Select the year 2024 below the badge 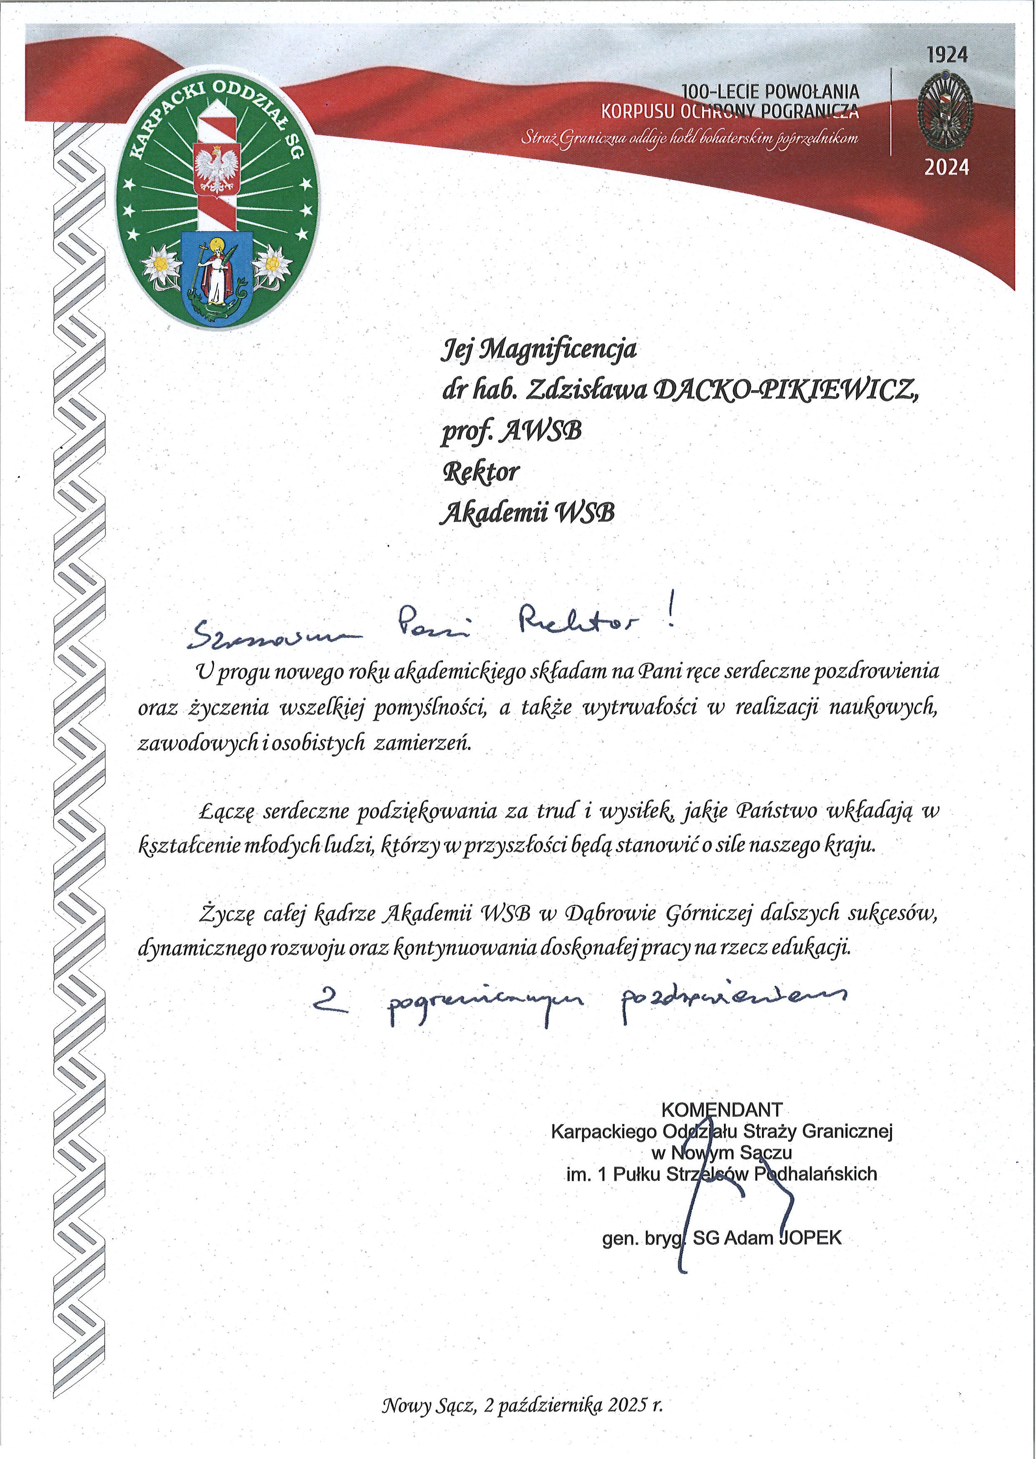tap(947, 168)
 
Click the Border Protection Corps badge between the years tap(947, 111)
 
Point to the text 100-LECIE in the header tap(721, 92)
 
